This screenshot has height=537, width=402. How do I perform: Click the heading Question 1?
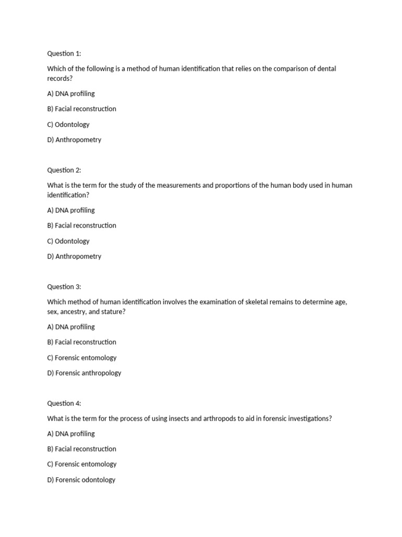(x=64, y=53)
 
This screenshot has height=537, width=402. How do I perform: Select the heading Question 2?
(x=64, y=170)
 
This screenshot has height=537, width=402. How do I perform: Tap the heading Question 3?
(x=64, y=287)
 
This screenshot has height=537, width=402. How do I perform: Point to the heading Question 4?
(x=64, y=403)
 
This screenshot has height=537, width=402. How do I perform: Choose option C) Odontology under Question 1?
(x=69, y=125)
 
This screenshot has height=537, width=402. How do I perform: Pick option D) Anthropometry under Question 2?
(x=74, y=256)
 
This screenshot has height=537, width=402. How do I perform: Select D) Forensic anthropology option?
(x=84, y=373)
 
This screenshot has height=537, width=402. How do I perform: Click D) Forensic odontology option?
(x=81, y=480)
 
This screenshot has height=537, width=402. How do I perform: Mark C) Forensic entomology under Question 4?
(x=82, y=464)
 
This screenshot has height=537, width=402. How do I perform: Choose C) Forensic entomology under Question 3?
(x=82, y=358)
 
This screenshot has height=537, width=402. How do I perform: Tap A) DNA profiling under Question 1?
(x=71, y=94)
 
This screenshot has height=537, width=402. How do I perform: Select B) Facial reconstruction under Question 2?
(x=82, y=225)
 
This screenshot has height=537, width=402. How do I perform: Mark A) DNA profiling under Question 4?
(x=71, y=434)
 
